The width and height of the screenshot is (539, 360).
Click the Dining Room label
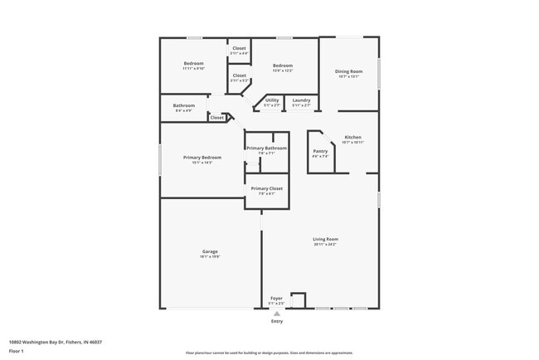348,72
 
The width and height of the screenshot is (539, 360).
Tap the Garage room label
210,251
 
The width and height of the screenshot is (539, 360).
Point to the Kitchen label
352,137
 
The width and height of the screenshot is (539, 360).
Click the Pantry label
320,151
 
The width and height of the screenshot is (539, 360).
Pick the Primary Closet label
266,188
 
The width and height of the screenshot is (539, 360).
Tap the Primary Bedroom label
202,158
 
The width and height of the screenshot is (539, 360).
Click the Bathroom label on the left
183,105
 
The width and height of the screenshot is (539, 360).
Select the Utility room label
272,100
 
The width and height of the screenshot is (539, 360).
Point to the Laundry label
301,100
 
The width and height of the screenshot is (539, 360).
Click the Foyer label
276,299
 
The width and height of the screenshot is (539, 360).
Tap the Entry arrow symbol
277,314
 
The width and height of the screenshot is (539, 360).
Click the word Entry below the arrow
277,321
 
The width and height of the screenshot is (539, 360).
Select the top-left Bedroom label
193,63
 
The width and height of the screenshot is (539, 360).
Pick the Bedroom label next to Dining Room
283,66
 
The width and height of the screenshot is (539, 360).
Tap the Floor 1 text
17,351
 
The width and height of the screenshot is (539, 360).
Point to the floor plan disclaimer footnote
269,353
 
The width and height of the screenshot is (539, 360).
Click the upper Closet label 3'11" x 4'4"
239,48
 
